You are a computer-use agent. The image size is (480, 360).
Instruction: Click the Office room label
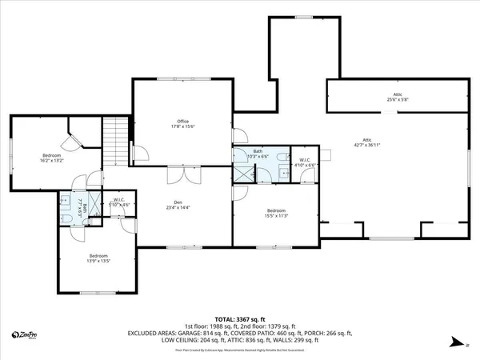point(182,124)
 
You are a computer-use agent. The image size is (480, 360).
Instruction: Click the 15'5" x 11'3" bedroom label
point(276,213)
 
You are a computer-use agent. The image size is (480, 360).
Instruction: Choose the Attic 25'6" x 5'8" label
point(397,98)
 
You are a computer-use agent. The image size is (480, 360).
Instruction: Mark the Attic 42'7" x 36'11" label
point(367,143)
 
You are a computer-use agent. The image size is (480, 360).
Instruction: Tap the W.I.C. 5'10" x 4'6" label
point(118,202)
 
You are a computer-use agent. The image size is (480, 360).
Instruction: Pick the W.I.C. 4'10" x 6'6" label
point(304,162)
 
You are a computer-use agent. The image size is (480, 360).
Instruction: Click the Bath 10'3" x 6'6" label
point(258,154)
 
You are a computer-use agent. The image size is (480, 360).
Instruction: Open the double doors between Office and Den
point(182,174)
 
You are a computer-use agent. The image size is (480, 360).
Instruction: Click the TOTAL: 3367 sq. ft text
point(239,318)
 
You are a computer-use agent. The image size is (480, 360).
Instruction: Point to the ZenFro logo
point(25,335)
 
